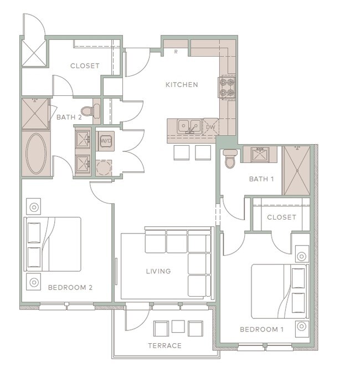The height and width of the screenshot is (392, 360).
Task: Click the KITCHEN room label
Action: coord(182,85)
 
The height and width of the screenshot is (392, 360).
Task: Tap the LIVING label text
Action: coord(158,271)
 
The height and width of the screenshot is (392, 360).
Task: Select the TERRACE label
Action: coord(165,346)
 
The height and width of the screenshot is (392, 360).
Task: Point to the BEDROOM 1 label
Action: coord(261,329)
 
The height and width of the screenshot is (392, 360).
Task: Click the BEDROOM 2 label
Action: coord(70,288)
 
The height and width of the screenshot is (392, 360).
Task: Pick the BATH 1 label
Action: coord(261,179)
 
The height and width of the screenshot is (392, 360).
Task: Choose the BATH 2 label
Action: coord(69,117)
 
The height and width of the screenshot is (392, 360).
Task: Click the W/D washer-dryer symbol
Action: coord(106,141)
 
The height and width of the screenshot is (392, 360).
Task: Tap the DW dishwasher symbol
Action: coord(210,127)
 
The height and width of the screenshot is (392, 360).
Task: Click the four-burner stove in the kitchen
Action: coord(227,88)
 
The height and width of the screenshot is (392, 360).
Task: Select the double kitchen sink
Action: coord(189,127)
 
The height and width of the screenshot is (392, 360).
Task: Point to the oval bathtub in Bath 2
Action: coord(36,153)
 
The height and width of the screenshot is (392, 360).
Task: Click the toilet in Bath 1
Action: coord(229,159)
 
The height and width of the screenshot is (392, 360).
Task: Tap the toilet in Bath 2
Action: coord(90,111)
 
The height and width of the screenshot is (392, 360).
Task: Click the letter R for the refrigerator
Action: coord(176,52)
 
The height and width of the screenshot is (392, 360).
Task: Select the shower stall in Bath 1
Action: coord(297,171)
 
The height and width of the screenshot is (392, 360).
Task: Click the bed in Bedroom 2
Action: coord(53,245)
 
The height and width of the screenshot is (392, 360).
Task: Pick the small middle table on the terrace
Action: coord(178,327)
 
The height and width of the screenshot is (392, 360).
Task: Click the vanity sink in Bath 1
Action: coord(260,154)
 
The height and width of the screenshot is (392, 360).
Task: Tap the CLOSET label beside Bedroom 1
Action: coord(281,217)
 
